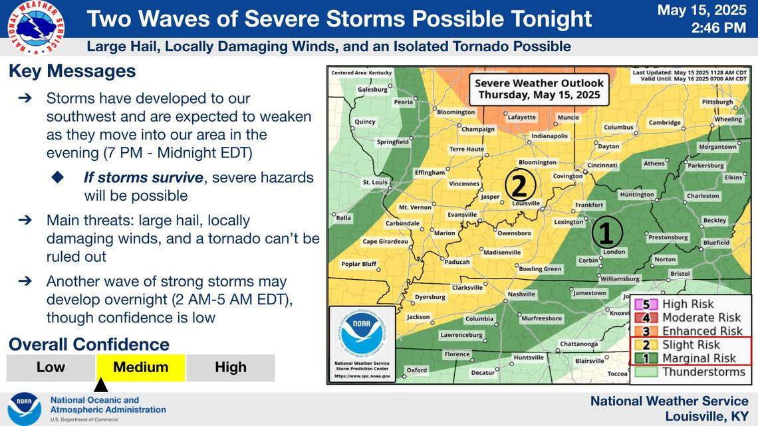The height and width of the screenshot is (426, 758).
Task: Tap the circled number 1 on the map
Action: coord(606,233)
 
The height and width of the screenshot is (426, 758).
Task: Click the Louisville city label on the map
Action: coord(526,204)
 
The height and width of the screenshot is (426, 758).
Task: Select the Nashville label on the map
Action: coord(521,294)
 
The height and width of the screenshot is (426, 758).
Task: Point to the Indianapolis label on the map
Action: coord(549,136)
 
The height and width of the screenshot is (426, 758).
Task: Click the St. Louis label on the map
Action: coord(375,182)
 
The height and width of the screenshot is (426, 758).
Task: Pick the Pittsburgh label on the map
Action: coord(717,102)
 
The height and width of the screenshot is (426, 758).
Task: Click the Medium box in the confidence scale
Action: coord(140,368)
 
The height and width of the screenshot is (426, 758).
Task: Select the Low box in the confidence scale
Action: coord(51,368)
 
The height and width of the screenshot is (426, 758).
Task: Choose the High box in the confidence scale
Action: coord(231,368)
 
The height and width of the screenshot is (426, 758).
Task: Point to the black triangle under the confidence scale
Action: coord(100,385)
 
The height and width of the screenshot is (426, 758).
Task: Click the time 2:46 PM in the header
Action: coord(718,28)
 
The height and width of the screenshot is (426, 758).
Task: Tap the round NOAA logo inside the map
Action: coord(362,332)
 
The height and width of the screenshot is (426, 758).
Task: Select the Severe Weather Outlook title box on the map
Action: coord(539,89)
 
